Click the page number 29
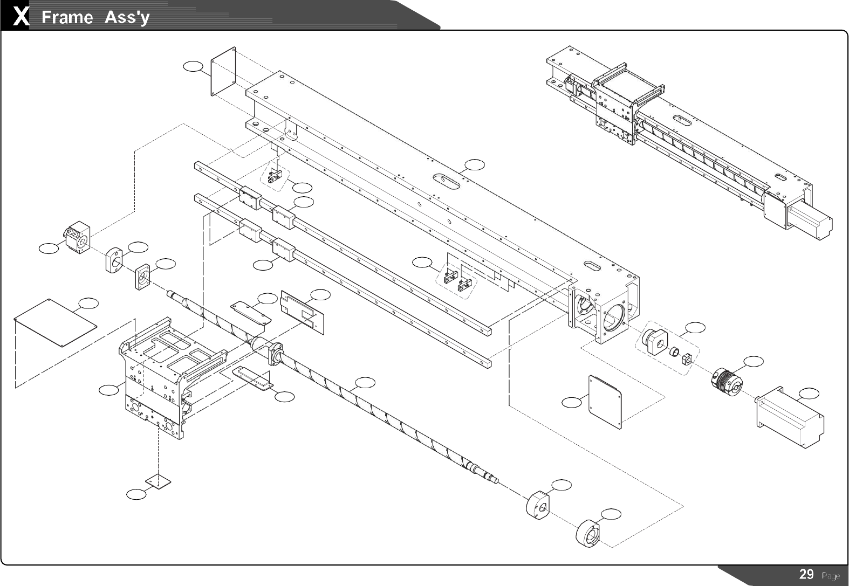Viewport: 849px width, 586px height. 806,574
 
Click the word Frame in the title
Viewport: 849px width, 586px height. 67,18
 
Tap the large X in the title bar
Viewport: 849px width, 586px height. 21,17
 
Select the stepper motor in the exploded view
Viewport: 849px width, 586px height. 790,416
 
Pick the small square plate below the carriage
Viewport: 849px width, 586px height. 158,480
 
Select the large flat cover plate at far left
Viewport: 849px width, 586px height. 55,323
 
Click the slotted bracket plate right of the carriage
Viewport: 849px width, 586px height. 303,313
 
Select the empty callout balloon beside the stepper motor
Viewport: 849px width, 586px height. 809,394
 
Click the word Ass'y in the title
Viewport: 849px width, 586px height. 127,18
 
